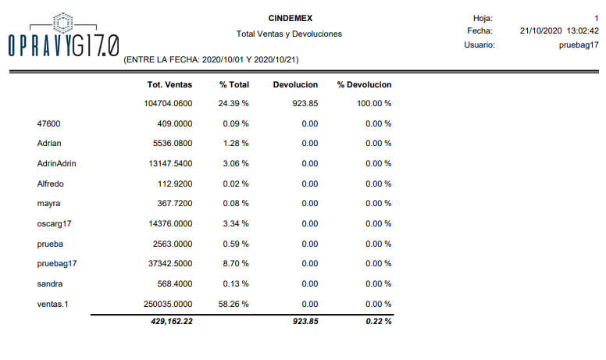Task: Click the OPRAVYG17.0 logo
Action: (62, 37)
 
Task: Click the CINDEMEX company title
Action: (289, 17)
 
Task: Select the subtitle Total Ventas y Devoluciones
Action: (289, 34)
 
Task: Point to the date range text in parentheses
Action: (212, 59)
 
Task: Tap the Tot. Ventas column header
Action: (169, 84)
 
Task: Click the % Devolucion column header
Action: (364, 84)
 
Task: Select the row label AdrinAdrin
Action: (56, 164)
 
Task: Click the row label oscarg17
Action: (53, 223)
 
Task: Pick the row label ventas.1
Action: (53, 304)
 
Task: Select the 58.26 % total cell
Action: (233, 304)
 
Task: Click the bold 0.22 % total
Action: (378, 322)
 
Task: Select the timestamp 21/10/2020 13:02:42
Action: (559, 31)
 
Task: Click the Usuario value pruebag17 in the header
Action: (579, 45)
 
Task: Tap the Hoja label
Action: (483, 17)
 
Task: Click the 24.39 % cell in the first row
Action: (233, 103)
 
